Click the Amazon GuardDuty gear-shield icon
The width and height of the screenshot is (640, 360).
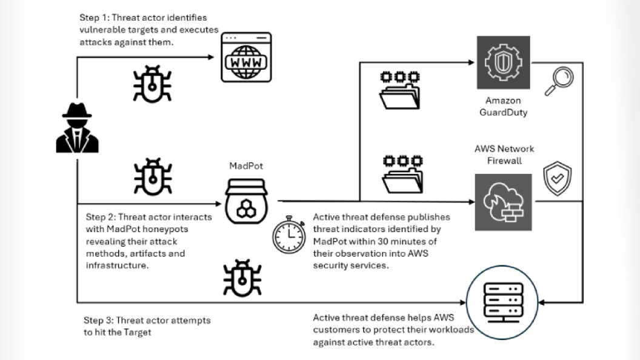[503, 62]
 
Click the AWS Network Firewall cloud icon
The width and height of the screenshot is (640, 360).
[503, 202]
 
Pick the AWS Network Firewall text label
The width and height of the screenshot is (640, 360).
[504, 155]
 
